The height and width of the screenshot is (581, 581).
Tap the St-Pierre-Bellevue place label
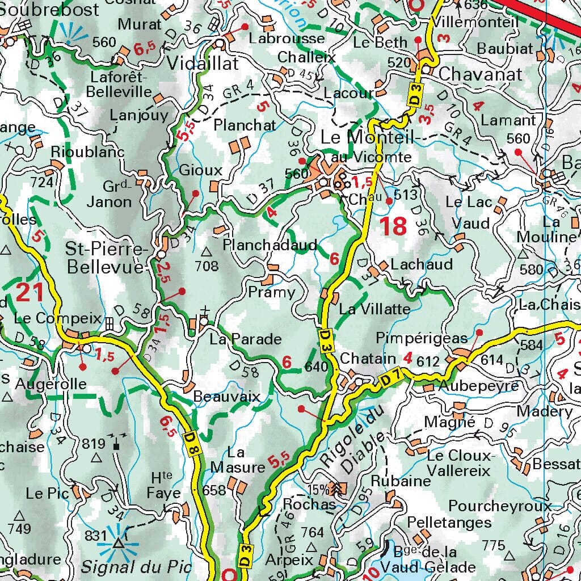(x=107, y=258)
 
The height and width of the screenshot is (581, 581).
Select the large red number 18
(x=393, y=226)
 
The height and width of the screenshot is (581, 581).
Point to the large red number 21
(x=30, y=293)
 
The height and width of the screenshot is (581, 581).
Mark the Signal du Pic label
(x=136, y=566)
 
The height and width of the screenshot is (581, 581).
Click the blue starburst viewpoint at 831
(x=118, y=544)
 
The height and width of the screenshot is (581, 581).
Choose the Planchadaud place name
(x=270, y=245)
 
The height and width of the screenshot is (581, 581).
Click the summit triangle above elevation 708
(x=206, y=251)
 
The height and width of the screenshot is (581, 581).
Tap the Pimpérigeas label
(x=422, y=338)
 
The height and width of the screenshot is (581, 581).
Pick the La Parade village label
(x=245, y=339)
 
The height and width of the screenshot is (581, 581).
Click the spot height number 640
(x=316, y=367)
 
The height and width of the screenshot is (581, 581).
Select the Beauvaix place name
(x=227, y=396)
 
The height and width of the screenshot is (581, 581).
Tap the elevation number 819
(x=94, y=444)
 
